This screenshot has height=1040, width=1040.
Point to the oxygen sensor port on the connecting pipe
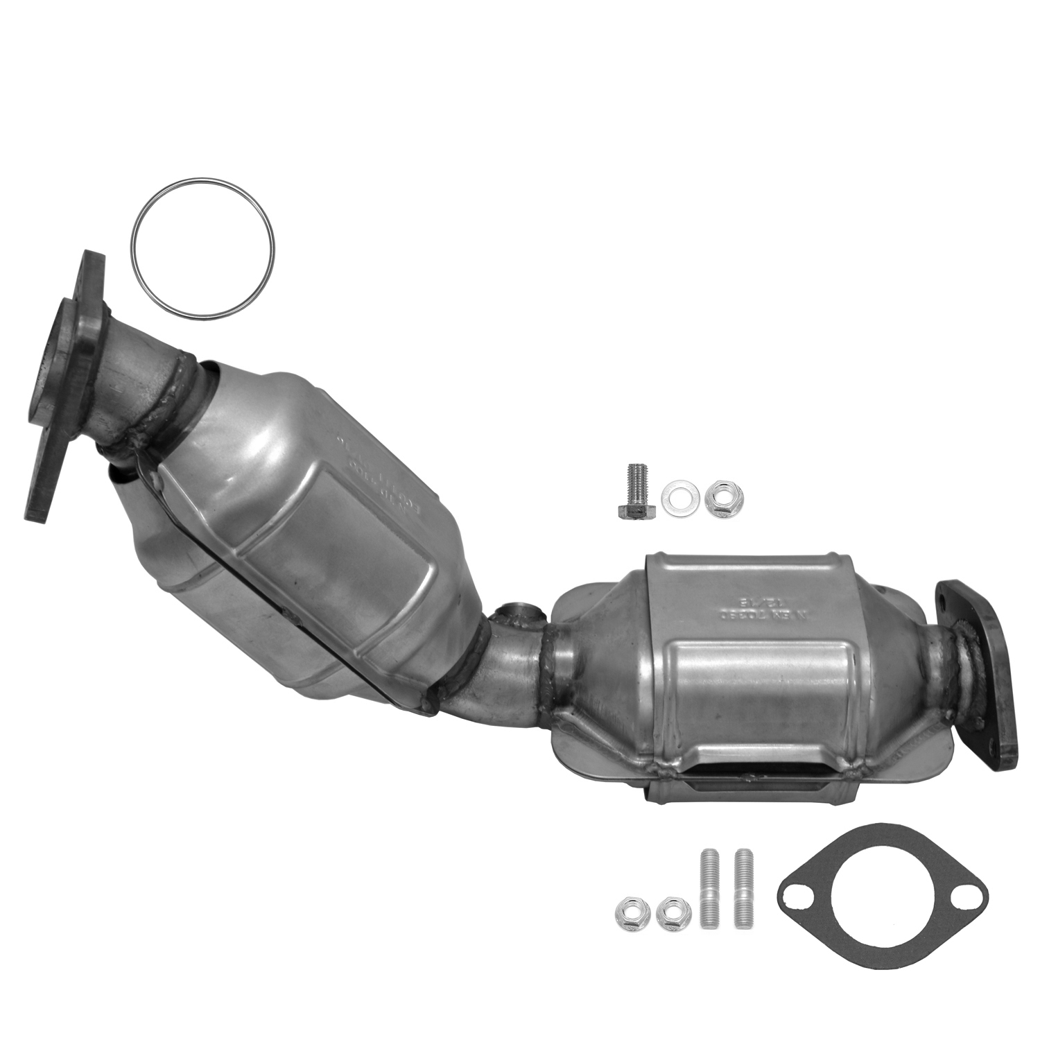tap(517, 614)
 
